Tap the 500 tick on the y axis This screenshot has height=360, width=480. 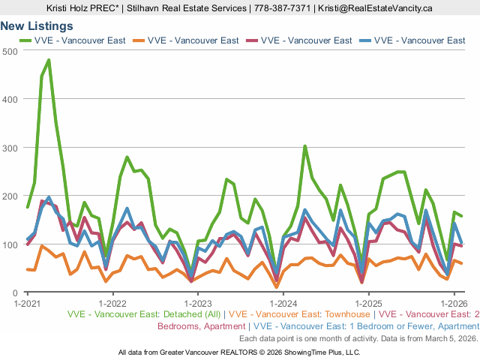point(10,51)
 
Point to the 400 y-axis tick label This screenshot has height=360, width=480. point(10,99)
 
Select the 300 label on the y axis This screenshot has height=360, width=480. point(10,148)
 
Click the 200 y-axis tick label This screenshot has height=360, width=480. point(10,196)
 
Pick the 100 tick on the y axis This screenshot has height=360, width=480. point(10,244)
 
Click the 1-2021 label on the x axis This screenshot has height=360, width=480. point(28,304)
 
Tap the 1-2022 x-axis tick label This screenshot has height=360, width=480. point(112,304)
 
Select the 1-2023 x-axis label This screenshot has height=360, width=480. point(198,304)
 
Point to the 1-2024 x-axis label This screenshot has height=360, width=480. point(283,304)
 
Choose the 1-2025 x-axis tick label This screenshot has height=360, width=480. point(368,304)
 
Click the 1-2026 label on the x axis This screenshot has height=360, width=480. point(453,304)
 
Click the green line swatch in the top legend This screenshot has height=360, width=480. point(22,40)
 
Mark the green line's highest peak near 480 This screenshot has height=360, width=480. point(49,60)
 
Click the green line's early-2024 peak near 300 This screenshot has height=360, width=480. point(304,146)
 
